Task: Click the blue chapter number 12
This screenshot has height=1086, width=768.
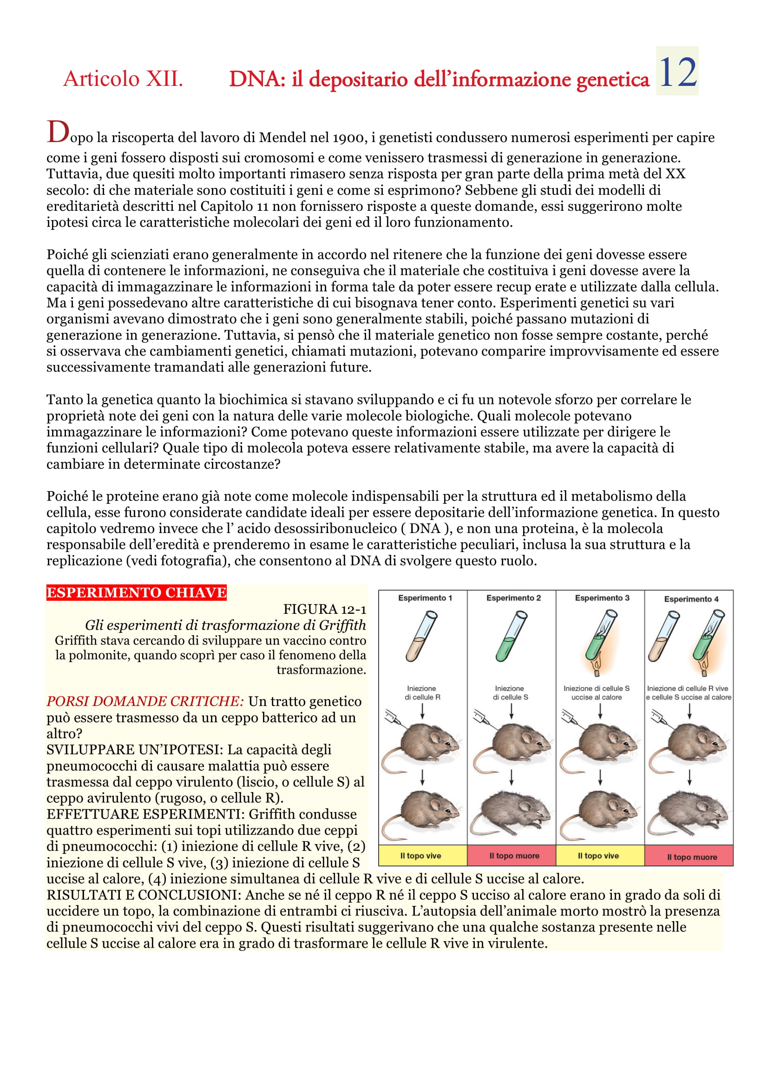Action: click(x=677, y=72)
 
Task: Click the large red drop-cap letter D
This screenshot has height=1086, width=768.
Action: click(x=58, y=132)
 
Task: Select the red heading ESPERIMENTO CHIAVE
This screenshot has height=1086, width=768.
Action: click(x=136, y=592)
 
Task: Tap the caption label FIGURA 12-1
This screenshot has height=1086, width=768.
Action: click(x=324, y=609)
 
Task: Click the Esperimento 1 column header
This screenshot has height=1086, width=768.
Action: click(x=425, y=598)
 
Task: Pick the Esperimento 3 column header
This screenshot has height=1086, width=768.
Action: click(x=602, y=598)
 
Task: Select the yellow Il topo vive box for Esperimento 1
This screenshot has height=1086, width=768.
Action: click(x=420, y=856)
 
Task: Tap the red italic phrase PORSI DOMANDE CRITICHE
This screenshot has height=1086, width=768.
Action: click(x=145, y=701)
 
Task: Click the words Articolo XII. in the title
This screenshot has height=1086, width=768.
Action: click(x=123, y=78)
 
